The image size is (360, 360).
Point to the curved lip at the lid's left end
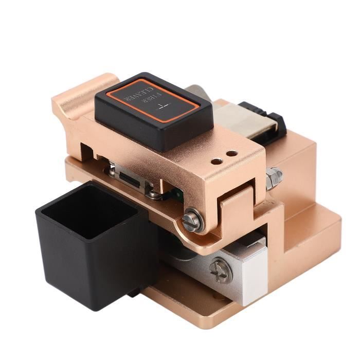tap(77, 93)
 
